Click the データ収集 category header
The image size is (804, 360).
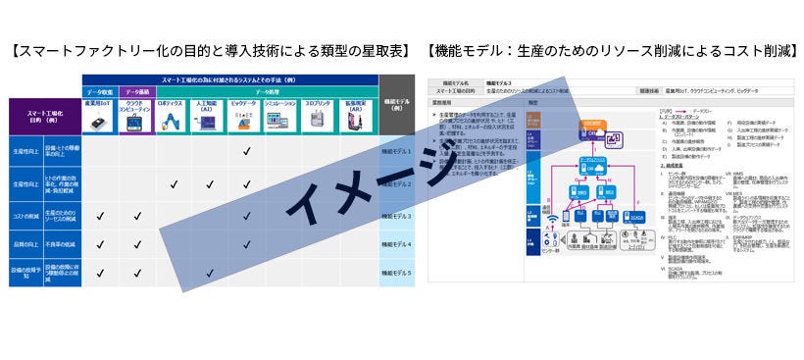(x=101, y=90)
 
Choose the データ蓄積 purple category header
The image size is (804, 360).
(x=137, y=90)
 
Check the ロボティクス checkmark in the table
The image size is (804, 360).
(x=173, y=183)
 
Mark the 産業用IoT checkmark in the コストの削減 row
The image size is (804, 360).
(x=101, y=216)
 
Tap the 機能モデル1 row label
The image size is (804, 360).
(x=395, y=152)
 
